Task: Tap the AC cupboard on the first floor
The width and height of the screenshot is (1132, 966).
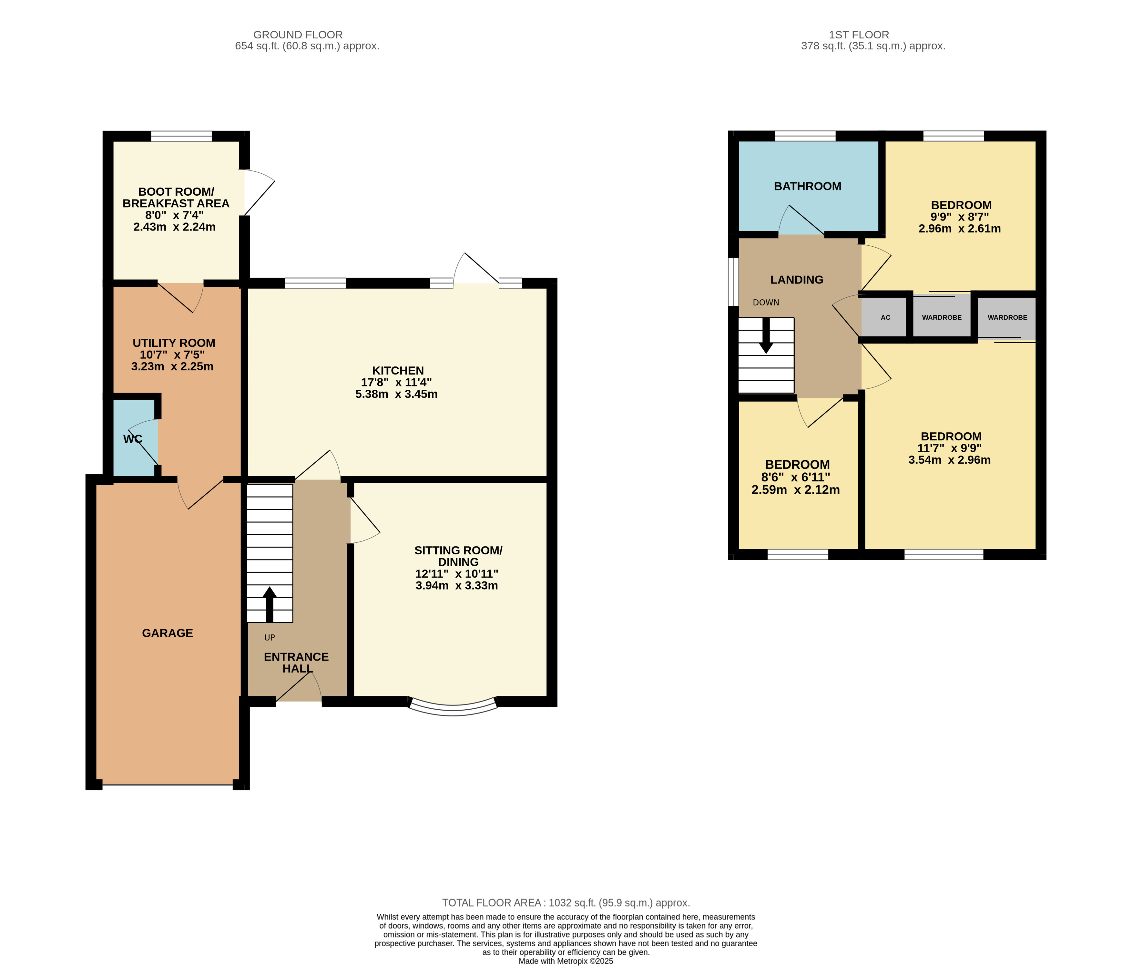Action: click(x=885, y=317)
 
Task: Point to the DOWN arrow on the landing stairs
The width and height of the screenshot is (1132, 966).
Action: click(x=766, y=335)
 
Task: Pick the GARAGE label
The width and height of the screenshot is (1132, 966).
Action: click(x=167, y=633)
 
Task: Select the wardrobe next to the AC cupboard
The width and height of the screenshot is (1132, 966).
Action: click(x=941, y=317)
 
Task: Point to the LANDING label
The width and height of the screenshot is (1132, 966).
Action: click(x=797, y=280)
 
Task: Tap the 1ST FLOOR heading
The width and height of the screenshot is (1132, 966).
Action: click(x=859, y=35)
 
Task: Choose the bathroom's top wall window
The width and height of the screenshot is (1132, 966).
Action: click(x=805, y=136)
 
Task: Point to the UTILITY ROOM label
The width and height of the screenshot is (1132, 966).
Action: click(x=174, y=343)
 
